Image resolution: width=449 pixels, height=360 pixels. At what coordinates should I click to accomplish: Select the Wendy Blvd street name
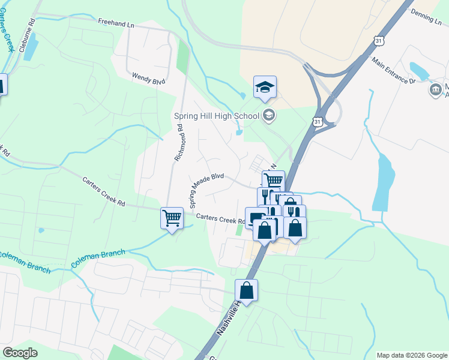click(149, 78)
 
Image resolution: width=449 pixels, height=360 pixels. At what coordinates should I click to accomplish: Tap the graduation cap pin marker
click(265, 88)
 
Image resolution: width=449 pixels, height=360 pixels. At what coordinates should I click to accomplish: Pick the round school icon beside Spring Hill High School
click(269, 115)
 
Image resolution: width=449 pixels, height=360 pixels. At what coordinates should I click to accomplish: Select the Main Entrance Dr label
click(394, 73)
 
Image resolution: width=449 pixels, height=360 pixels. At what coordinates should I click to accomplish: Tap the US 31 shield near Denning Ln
click(378, 40)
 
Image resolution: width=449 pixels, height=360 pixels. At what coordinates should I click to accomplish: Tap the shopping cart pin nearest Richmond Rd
click(172, 217)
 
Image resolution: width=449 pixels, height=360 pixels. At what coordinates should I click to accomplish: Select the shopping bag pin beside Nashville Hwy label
click(246, 292)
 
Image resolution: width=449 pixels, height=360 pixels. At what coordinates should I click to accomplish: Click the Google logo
click(20, 353)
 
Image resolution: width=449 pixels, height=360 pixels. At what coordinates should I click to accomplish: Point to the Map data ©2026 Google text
click(412, 355)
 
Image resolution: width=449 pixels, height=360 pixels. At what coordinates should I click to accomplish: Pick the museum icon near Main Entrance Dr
click(435, 90)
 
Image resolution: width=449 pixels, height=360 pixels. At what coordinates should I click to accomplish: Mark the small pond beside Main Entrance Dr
click(418, 70)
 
